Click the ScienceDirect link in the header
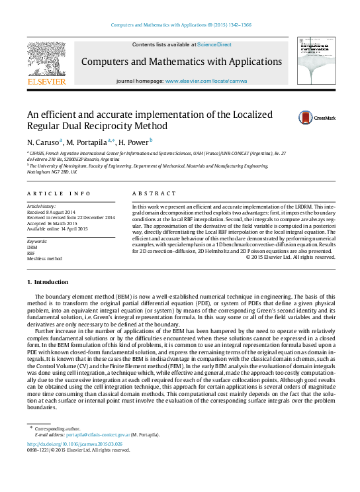pos(214,45)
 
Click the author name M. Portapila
pos(89,142)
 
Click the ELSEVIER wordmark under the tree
pos(46,81)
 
